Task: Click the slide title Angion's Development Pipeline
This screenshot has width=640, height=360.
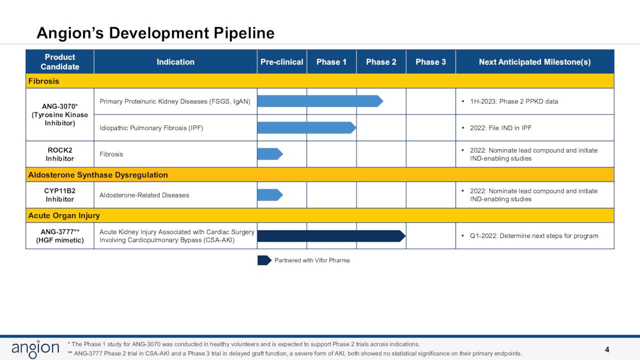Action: coord(155,33)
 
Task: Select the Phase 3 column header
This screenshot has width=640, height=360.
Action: coord(430,62)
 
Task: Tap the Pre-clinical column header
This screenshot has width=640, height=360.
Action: coord(281,62)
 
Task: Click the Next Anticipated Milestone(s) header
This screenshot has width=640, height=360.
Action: coord(534,62)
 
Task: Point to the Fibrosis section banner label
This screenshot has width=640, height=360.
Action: coord(43,81)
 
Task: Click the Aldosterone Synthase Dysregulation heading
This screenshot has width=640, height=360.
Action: coord(98,175)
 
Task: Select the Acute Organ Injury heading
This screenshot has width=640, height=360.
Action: coord(64,215)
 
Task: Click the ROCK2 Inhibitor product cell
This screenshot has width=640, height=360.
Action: coord(60,154)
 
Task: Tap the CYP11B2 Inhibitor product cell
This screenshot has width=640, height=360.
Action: coord(60,195)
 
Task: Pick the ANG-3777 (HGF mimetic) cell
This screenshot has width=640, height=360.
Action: coord(60,236)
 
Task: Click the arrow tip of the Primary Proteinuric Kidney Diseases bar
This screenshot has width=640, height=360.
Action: coord(380,101)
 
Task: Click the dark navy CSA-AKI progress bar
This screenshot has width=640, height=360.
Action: coord(330,236)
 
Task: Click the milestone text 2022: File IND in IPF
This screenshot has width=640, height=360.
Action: coord(500,128)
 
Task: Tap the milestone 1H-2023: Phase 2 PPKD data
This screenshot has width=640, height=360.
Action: coord(513,101)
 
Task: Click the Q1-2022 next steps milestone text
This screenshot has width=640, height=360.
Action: coord(533,236)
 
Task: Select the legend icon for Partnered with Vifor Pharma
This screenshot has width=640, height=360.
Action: coord(264,260)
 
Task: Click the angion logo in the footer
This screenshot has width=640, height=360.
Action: coord(35,349)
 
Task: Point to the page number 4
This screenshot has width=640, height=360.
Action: coord(607,349)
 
